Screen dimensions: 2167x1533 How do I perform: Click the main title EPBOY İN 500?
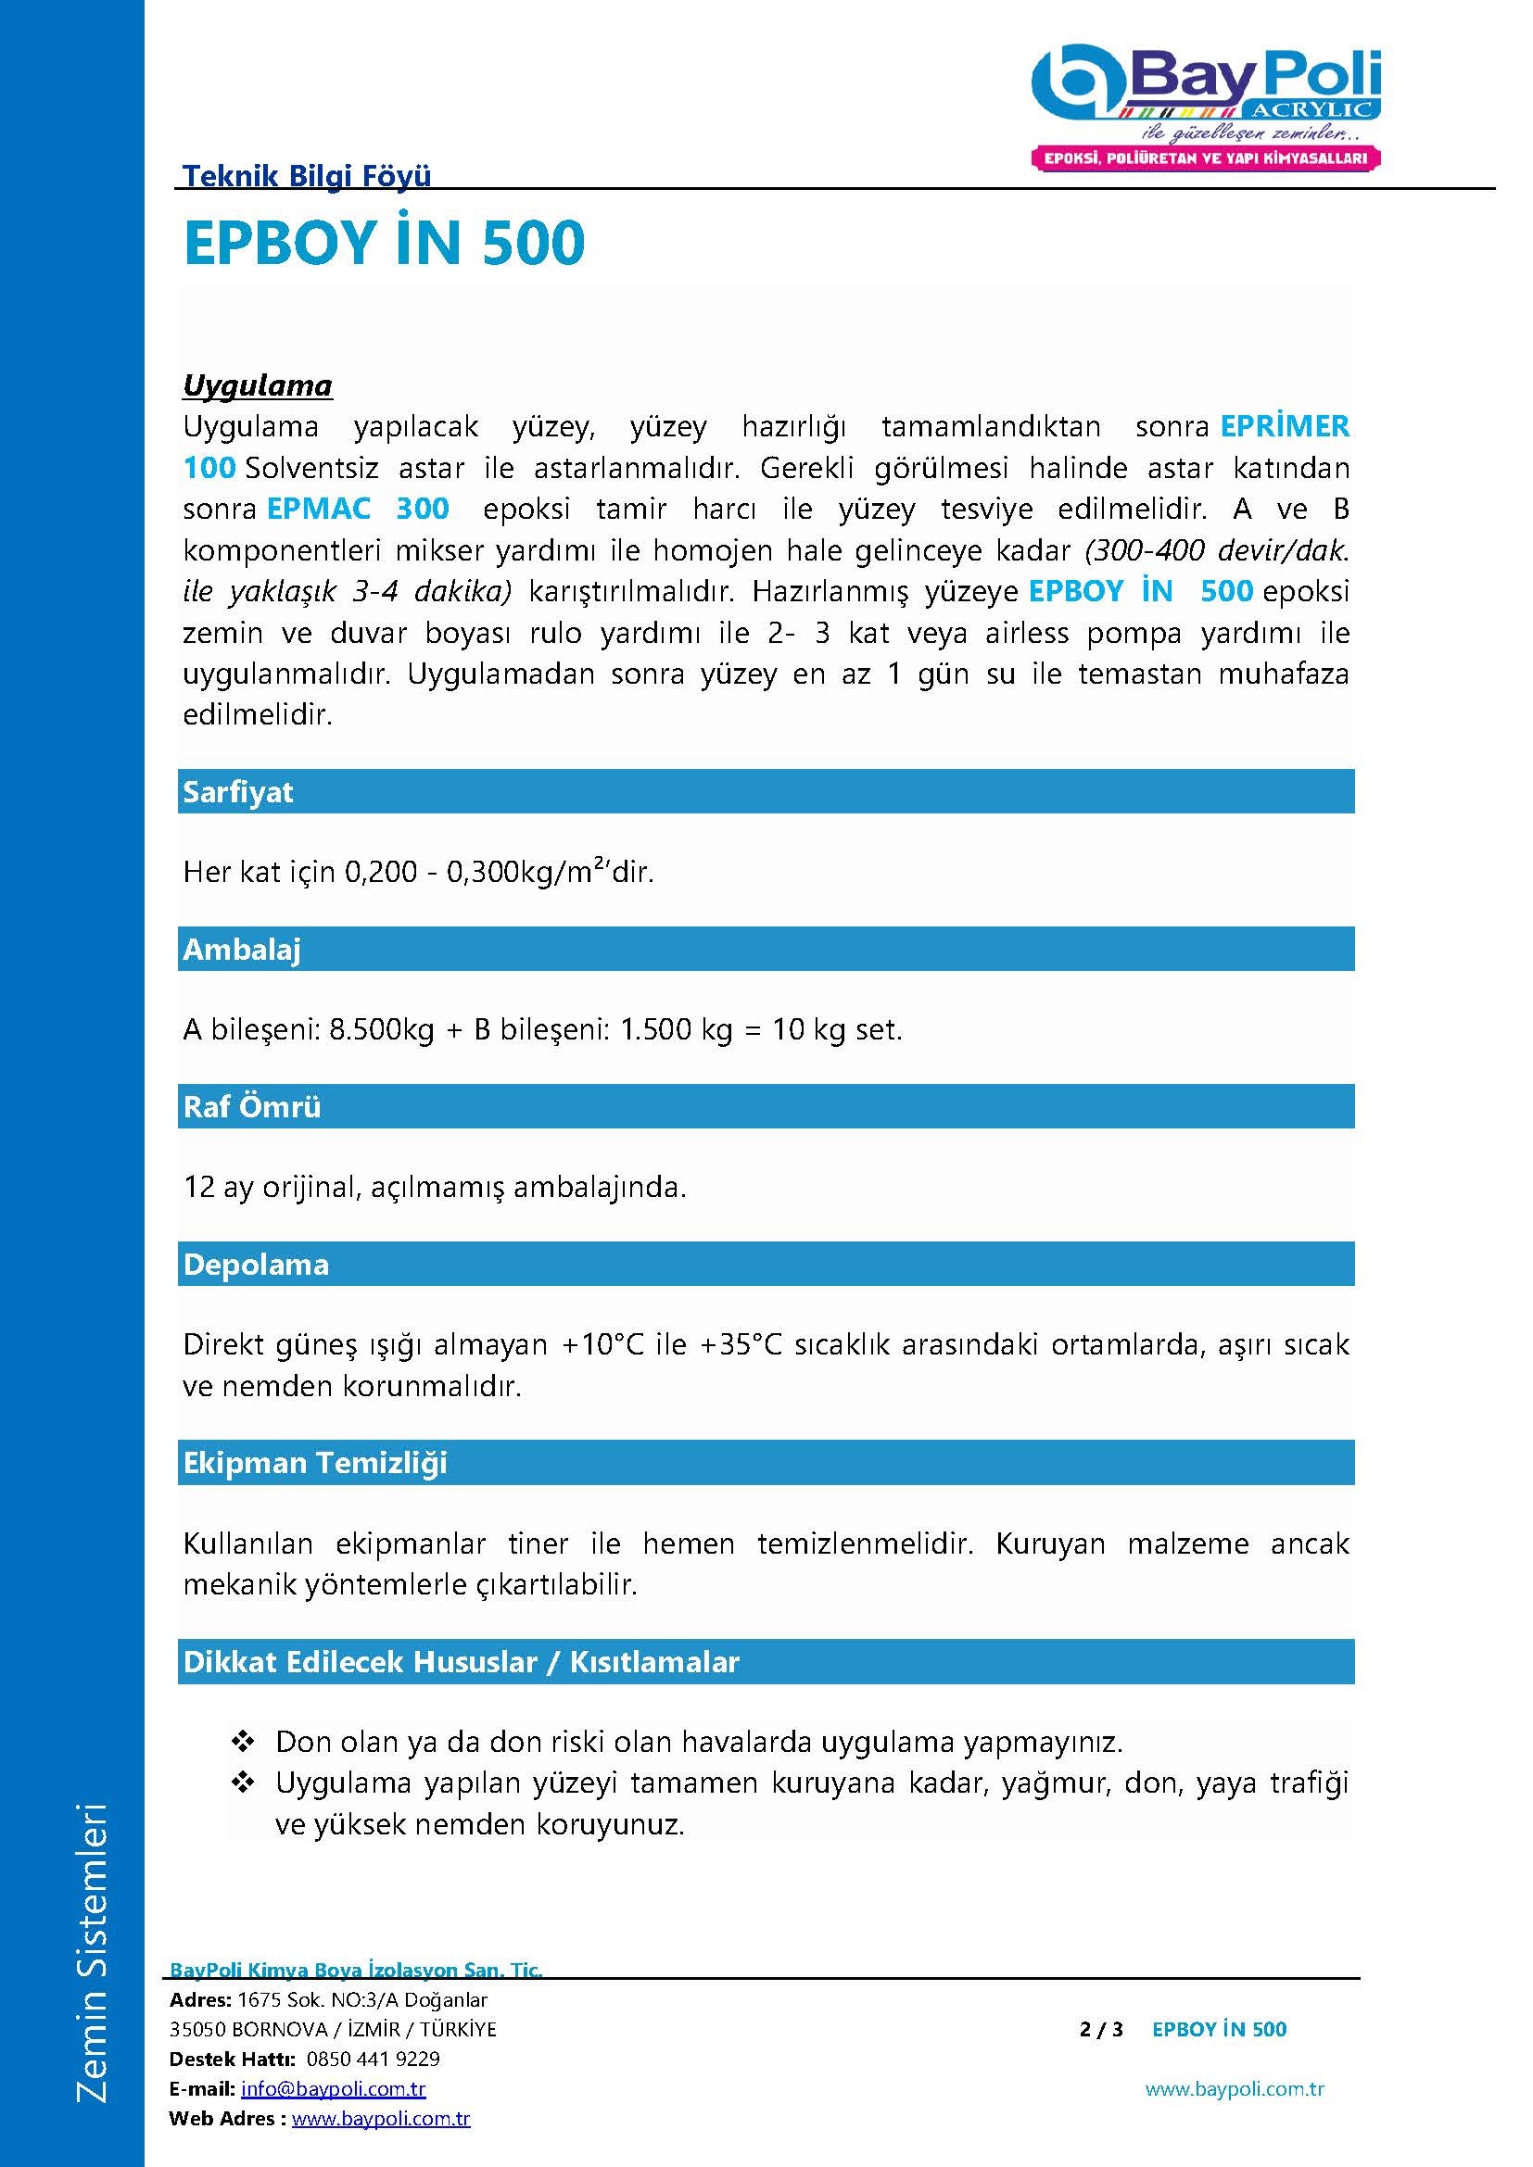click(385, 244)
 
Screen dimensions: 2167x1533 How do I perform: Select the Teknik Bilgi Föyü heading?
click(306, 175)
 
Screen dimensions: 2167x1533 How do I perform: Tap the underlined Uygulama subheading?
click(257, 385)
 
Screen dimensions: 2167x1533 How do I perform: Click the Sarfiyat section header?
click(238, 792)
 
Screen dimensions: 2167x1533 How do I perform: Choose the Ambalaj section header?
click(242, 950)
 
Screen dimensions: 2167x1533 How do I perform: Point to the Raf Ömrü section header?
click(252, 1106)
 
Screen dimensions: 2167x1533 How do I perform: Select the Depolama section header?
click(256, 1264)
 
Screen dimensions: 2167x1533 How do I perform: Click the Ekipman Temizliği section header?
click(314, 1463)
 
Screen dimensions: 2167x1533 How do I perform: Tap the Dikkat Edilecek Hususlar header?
click(461, 1662)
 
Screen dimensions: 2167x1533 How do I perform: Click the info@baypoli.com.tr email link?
click(334, 2088)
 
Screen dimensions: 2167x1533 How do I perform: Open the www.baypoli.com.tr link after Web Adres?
click(380, 2119)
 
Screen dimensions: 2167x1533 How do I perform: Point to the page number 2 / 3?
click(1101, 2029)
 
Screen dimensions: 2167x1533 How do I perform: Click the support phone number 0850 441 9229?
click(373, 2059)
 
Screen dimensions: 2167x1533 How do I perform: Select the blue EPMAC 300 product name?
click(358, 509)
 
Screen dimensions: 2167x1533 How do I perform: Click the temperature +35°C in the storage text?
click(741, 1344)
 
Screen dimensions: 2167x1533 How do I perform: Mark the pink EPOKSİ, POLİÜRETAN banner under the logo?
click(1206, 158)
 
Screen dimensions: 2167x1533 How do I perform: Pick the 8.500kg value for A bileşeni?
click(380, 1028)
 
